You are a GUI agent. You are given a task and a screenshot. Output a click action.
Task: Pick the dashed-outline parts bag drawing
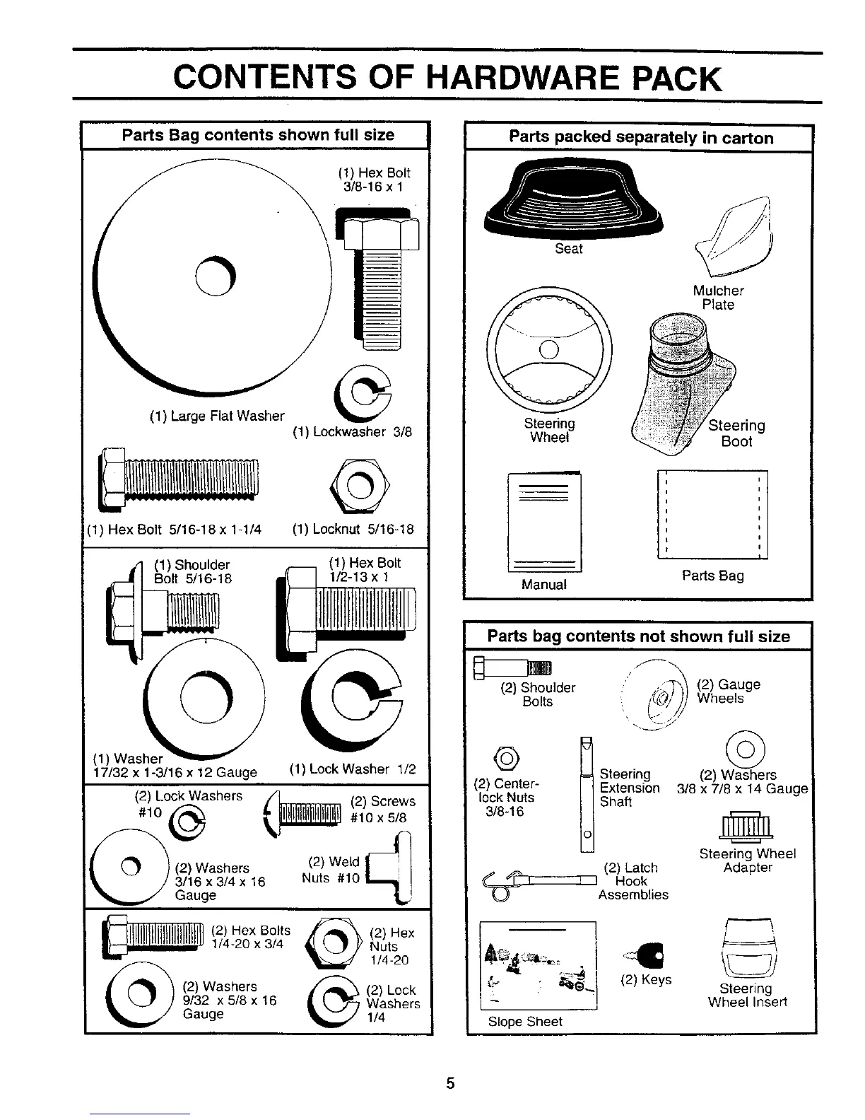(x=712, y=514)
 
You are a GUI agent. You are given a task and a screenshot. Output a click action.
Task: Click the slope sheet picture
(x=538, y=965)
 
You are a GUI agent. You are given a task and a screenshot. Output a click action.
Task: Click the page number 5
(x=450, y=1084)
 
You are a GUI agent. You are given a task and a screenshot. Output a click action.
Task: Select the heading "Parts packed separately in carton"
(x=640, y=137)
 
